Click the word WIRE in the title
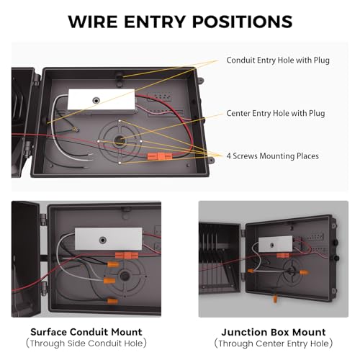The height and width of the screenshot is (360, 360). pyautogui.click(x=93, y=22)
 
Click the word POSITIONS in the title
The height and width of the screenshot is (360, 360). pyautogui.click(x=243, y=22)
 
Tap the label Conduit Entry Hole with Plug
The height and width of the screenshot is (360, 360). pyautogui.click(x=278, y=60)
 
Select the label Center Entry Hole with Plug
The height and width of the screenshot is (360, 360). pyautogui.click(x=276, y=113)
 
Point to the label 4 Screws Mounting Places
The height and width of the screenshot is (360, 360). pyautogui.click(x=273, y=156)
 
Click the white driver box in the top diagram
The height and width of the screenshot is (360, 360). pyautogui.click(x=102, y=102)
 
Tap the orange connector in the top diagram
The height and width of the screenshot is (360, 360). pyautogui.click(x=160, y=156)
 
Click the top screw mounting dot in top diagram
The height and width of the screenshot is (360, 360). pyautogui.click(x=120, y=121)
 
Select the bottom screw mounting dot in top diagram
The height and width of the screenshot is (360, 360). pyautogui.click(x=120, y=163)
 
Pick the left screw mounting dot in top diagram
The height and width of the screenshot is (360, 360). pyautogui.click(x=99, y=141)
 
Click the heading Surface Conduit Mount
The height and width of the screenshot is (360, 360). pyautogui.click(x=86, y=332)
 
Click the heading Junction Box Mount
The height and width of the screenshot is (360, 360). pyautogui.click(x=274, y=333)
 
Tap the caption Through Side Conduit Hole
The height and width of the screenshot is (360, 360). pyautogui.click(x=86, y=343)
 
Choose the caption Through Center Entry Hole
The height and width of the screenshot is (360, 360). pyautogui.click(x=274, y=343)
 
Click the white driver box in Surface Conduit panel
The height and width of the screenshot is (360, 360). pyautogui.click(x=109, y=239)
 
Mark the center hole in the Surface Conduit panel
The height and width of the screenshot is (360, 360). pyautogui.click(x=125, y=275)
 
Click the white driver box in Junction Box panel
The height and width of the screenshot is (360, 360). pyautogui.click(x=276, y=244)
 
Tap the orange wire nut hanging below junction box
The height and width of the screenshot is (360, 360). pyautogui.click(x=275, y=298)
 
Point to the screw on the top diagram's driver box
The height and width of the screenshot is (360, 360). pyautogui.click(x=96, y=101)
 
